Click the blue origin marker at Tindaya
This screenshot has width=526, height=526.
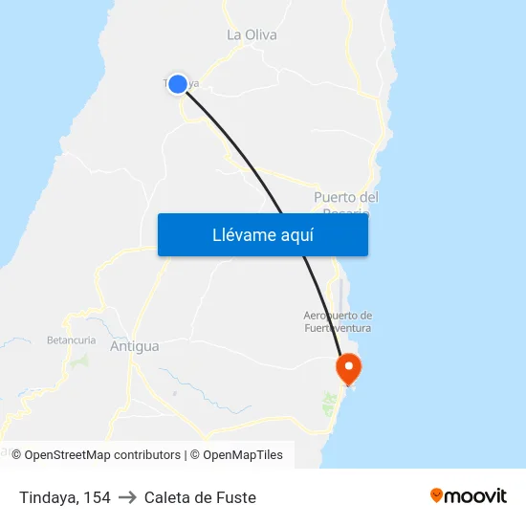[x=177, y=83]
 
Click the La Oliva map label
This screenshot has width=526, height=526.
[x=252, y=34]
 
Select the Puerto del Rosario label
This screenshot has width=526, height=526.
[x=346, y=198]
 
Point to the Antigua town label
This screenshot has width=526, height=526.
[x=135, y=346]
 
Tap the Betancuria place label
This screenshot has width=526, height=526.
[x=70, y=340]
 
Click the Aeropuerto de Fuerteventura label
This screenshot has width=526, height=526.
[x=337, y=321]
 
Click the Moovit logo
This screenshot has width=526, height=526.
[x=468, y=495]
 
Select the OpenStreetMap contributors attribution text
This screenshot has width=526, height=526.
[x=102, y=455]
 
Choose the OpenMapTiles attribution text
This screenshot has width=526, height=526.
[x=243, y=455]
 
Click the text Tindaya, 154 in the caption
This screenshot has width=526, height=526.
[x=64, y=497]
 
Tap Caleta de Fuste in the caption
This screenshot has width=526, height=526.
[x=200, y=497]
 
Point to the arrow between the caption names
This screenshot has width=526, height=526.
[x=127, y=497]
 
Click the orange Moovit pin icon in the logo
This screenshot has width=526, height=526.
[x=437, y=495]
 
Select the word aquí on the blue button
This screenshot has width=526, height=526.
[x=295, y=234]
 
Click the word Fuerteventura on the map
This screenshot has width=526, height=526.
[x=337, y=328]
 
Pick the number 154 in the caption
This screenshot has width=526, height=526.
[x=98, y=497]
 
